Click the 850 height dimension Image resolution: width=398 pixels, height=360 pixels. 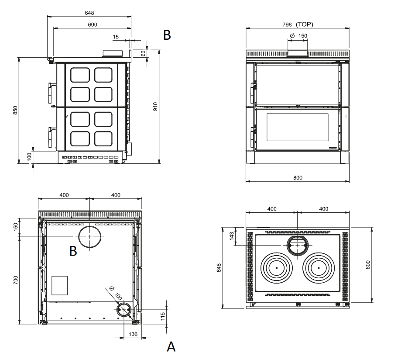pos(15,111)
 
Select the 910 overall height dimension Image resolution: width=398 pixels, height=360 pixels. pos(155,107)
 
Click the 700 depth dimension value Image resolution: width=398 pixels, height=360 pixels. pos(15,280)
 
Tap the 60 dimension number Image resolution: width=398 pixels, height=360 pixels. pos(143,53)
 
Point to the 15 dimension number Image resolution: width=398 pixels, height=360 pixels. pos(115,37)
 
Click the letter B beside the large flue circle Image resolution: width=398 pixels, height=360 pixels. pos(73,251)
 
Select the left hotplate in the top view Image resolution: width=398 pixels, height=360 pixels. pos(276,267)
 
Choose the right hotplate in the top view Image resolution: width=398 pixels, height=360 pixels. pos(319,267)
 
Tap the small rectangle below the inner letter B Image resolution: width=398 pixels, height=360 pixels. pos(60,285)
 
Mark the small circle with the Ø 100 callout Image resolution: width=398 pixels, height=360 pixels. pos(124,309)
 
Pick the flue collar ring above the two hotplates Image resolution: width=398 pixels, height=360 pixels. pos(298,246)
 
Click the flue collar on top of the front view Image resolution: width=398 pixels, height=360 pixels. pos(297,53)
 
